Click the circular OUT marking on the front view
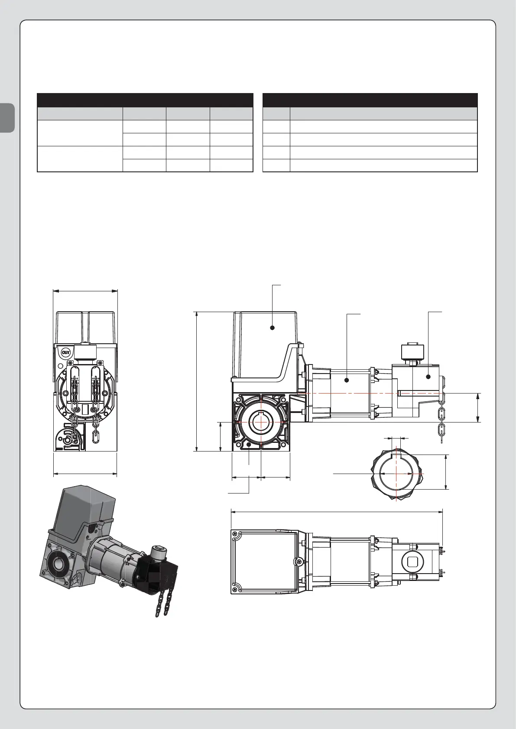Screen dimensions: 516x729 click(66, 352)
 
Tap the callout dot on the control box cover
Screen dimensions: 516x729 click(273, 328)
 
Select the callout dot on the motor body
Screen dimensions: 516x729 click(347, 380)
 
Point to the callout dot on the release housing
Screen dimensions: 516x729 click(428, 377)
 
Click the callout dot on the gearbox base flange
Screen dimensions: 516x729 click(249, 444)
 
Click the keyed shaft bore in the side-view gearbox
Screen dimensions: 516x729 click(261, 422)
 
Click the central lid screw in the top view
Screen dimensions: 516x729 click(297, 561)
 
